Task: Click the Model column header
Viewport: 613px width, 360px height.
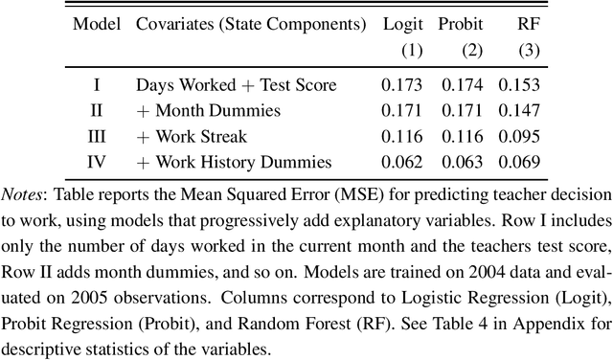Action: coord(97,23)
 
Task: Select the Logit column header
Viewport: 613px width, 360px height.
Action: coord(401,23)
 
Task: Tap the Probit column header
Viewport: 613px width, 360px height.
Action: coord(462,23)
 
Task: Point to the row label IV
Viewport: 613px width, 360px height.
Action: coord(97,163)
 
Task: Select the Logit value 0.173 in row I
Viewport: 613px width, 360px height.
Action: coord(401,85)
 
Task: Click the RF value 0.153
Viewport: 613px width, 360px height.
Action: coord(514,85)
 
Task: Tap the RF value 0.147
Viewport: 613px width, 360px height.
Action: coord(514,111)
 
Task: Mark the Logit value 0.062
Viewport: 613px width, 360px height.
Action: coord(401,163)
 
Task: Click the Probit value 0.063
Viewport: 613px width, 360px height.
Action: coord(462,163)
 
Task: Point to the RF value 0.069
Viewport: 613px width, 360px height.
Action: coord(514,163)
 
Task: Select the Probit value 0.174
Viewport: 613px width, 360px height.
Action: coord(462,85)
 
